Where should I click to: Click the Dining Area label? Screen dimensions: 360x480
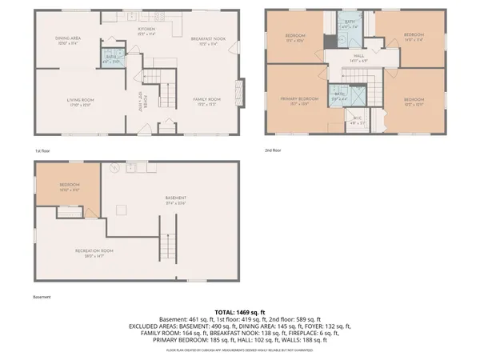click(x=67, y=38)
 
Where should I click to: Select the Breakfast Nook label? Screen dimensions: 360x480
click(x=210, y=38)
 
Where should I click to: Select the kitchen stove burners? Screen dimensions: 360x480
click(x=160, y=16)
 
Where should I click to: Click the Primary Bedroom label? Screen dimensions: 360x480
click(x=300, y=99)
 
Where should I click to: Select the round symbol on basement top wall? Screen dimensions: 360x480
click(x=114, y=168)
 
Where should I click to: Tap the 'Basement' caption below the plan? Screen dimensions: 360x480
click(x=42, y=297)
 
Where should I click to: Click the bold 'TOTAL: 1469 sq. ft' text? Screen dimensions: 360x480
click(x=239, y=310)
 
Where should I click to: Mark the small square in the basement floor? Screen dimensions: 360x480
click(x=122, y=210)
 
